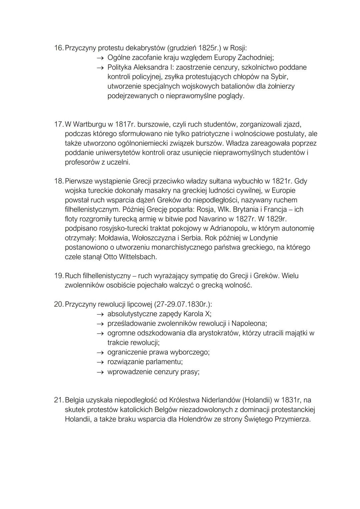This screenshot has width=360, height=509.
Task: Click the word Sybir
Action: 277,77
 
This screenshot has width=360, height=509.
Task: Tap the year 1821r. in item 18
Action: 282,181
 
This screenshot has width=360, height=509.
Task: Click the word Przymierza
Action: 292,419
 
